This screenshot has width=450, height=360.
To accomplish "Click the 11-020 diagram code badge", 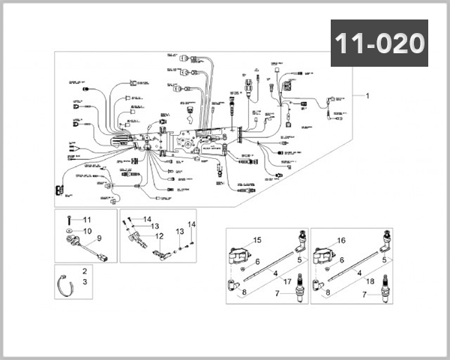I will pos(379,43).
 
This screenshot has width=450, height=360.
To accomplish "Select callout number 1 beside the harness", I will pos(367,97).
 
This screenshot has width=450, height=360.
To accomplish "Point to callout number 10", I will pos(86,230).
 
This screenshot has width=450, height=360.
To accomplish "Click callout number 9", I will pos(98,239).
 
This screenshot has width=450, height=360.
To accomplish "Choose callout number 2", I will pos(85,271).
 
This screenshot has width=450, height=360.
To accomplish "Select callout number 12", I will pos(159,236).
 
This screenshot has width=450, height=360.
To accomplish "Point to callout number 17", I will pos(287,281).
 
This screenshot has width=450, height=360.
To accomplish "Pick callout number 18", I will pos(370,281).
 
